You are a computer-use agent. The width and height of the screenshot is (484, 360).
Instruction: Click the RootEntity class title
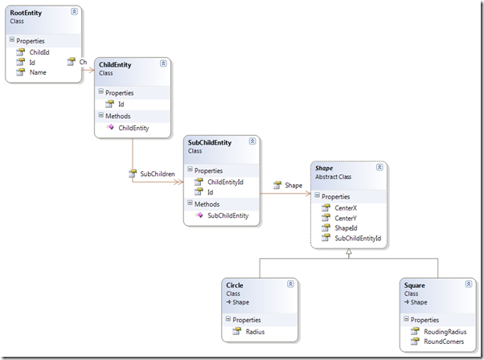[x=26, y=13]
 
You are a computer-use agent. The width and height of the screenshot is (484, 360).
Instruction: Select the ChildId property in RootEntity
[x=39, y=52]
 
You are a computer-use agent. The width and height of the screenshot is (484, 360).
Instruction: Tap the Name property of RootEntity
[x=38, y=72]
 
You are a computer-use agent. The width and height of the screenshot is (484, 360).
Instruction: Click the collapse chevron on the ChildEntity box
[x=163, y=63]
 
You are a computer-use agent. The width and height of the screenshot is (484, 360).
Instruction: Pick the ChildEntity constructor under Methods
[x=133, y=128]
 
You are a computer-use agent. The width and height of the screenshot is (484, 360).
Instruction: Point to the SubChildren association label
[x=158, y=174]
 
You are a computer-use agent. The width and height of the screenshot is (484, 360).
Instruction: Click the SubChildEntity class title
[x=210, y=142]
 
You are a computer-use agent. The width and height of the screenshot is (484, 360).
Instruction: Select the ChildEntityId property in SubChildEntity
[x=225, y=182]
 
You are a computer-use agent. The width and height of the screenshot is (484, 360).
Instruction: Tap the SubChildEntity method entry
[x=228, y=215]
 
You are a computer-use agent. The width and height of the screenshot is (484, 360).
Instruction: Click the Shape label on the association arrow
[x=293, y=185]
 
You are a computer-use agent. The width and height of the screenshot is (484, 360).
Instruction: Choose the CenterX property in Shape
[x=346, y=208]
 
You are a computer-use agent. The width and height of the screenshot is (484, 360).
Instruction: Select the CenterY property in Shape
[x=346, y=218]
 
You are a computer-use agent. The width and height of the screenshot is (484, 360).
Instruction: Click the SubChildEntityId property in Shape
[x=358, y=238]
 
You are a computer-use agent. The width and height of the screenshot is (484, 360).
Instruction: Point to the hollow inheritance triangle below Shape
[x=349, y=252]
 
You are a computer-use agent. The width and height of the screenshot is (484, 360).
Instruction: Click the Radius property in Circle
[x=255, y=332]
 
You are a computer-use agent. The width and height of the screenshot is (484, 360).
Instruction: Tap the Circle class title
[x=235, y=285]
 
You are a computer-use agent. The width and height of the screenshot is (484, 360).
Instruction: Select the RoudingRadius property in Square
[x=445, y=332]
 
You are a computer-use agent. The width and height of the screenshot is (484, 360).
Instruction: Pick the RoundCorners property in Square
[x=444, y=342]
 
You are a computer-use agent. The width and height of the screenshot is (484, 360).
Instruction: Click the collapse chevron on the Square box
[x=469, y=284]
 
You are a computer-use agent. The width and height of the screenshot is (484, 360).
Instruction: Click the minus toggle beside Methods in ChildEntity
[x=100, y=115]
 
